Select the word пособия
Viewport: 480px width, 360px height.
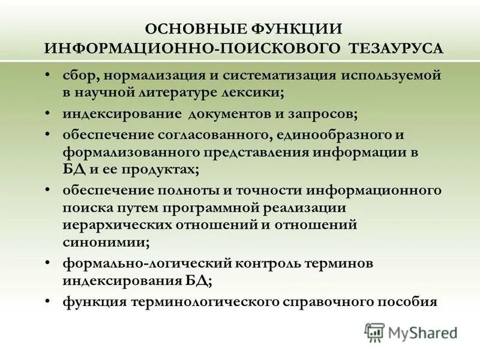[410, 301]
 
